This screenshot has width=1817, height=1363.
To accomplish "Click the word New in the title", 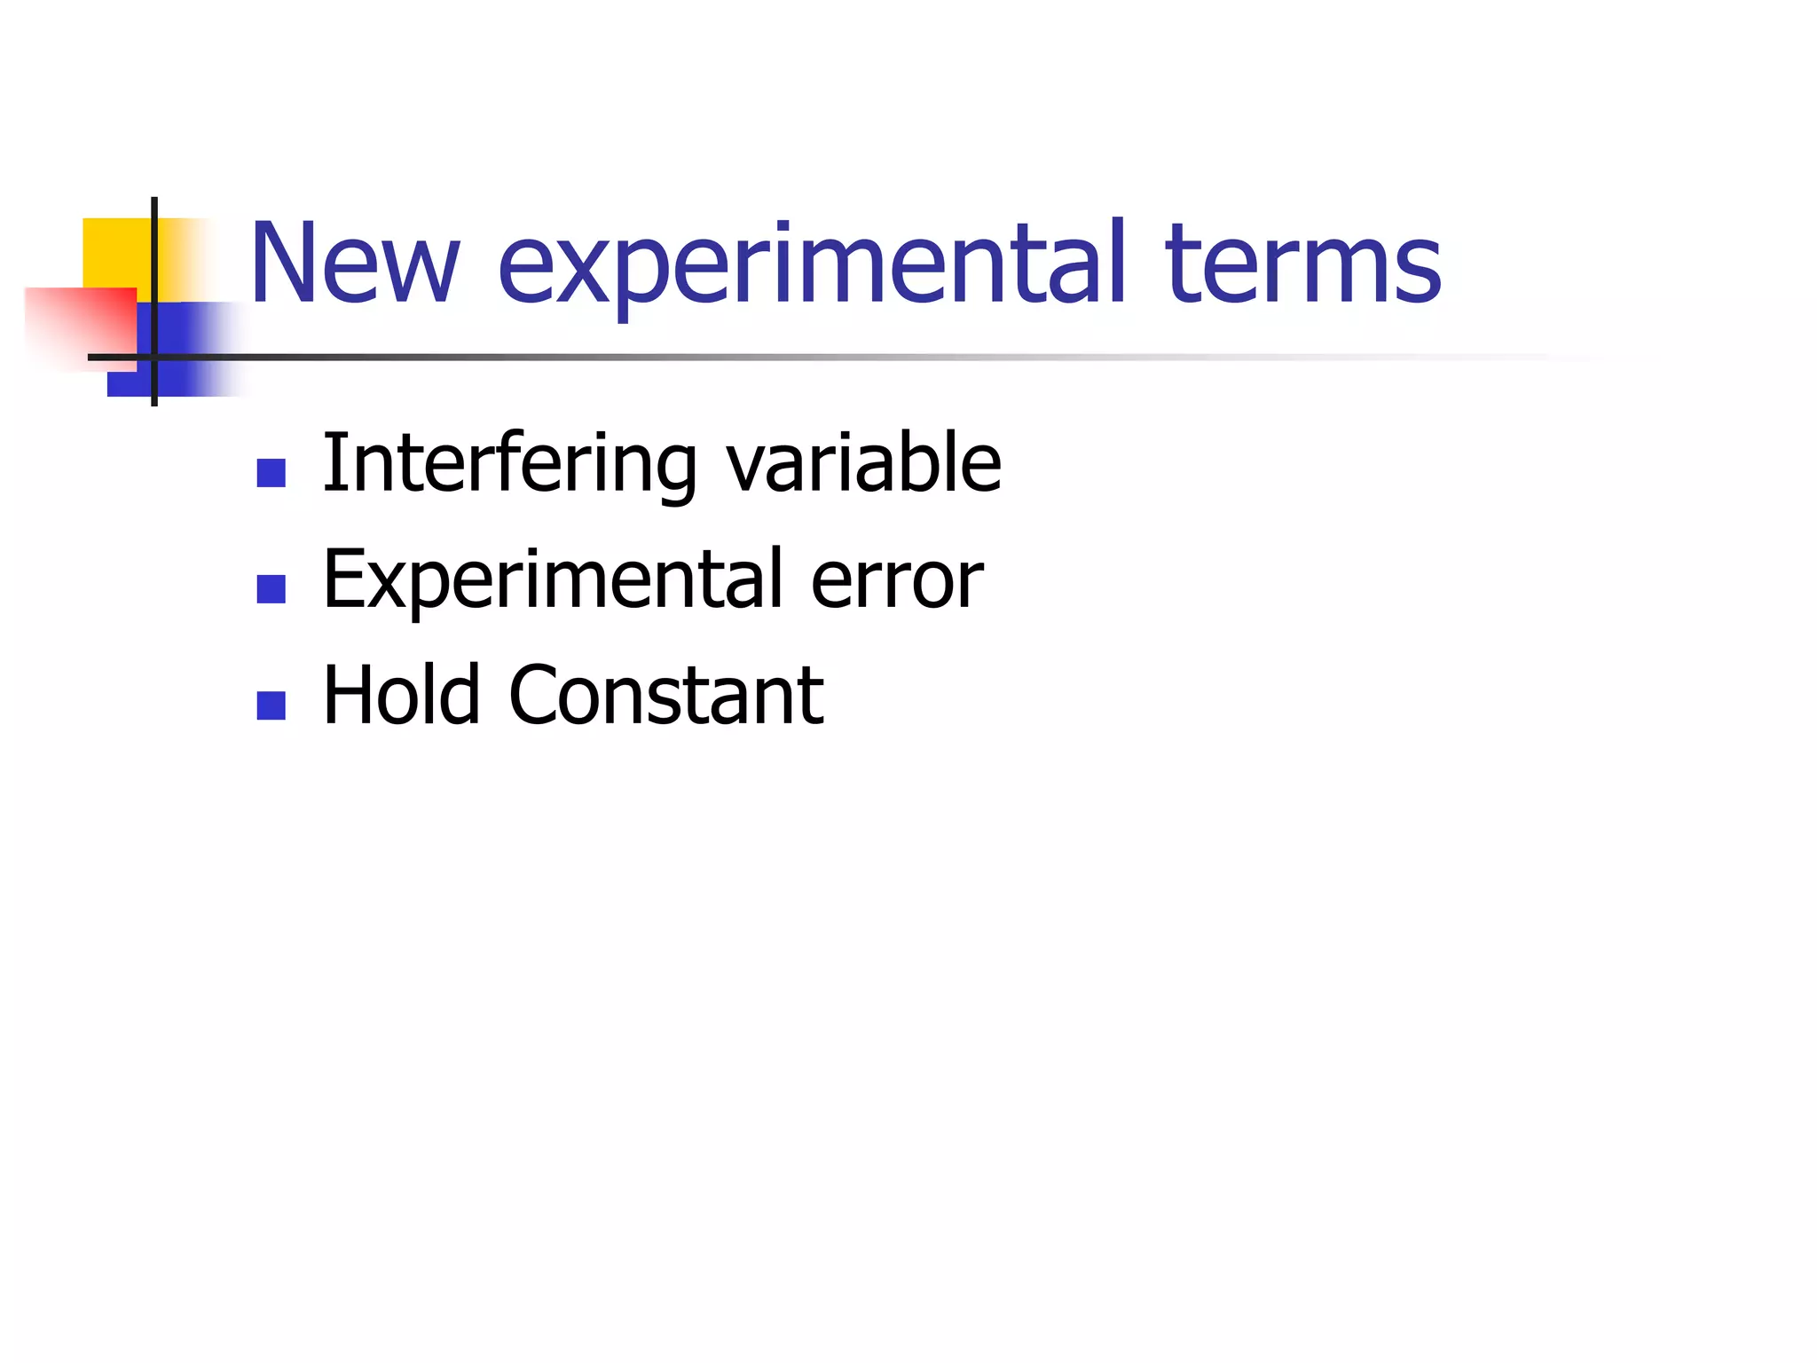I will click(355, 264).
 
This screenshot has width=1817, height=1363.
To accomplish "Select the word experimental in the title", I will click(812, 266).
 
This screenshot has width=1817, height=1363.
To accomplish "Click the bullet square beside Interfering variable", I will click(271, 473).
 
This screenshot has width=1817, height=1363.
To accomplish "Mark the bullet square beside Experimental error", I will click(271, 589).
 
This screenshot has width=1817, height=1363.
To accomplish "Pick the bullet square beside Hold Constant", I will click(271, 705).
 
